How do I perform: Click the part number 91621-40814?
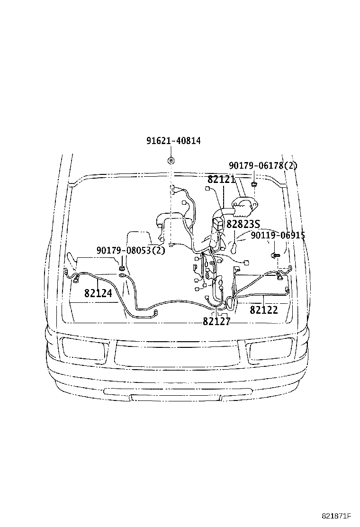pos(173,141)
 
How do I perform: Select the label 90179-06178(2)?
pos(263,165)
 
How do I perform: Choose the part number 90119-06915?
pos(278,235)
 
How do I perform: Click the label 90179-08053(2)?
pos(131,250)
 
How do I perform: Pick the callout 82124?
pos(98,293)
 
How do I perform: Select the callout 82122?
pos(264,310)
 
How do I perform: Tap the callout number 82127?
pos(216,322)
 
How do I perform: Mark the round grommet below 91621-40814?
pos(171,160)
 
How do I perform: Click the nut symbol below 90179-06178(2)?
pos(254,183)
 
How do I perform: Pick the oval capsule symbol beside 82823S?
pos(234,247)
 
